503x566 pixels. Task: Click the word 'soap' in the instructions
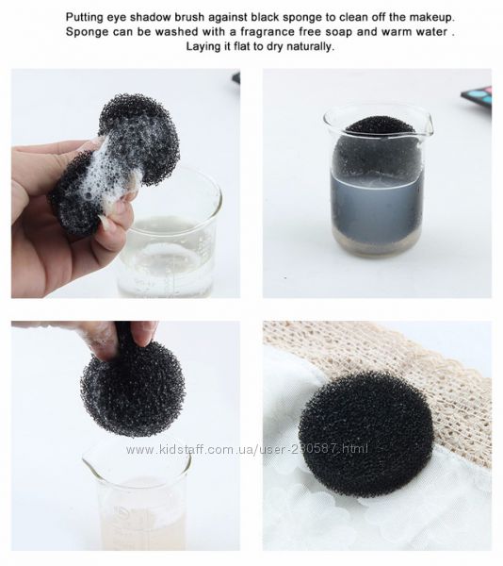click(x=339, y=32)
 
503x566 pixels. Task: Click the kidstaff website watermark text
click(x=247, y=449)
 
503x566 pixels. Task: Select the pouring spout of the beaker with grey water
click(x=427, y=125)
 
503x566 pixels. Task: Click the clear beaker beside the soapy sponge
click(x=170, y=240)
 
